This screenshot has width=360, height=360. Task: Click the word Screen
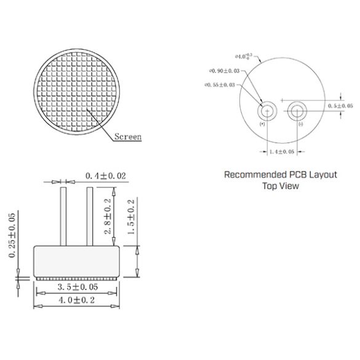coord(127,137)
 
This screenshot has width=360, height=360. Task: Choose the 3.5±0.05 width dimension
coord(76,287)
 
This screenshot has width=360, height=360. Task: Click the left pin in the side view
coord(63,215)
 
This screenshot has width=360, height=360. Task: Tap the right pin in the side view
coord(90,215)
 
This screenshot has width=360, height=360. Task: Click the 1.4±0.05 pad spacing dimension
coord(282,151)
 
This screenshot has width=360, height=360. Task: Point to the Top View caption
coord(281,185)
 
